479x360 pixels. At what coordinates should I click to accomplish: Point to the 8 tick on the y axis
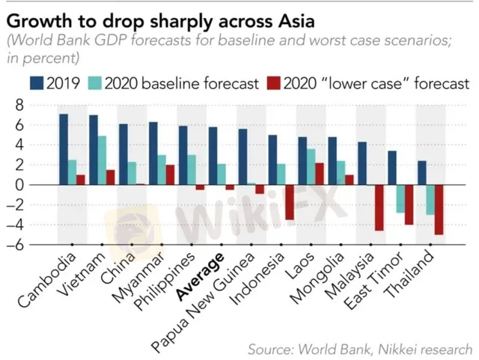pos(20,105)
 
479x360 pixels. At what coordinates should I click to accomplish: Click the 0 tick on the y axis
pos(20,184)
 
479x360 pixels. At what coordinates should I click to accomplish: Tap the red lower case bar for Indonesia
pos(290,202)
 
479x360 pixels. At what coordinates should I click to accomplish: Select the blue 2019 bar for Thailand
pos(421,172)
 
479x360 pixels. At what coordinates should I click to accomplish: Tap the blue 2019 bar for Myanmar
pos(153,153)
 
